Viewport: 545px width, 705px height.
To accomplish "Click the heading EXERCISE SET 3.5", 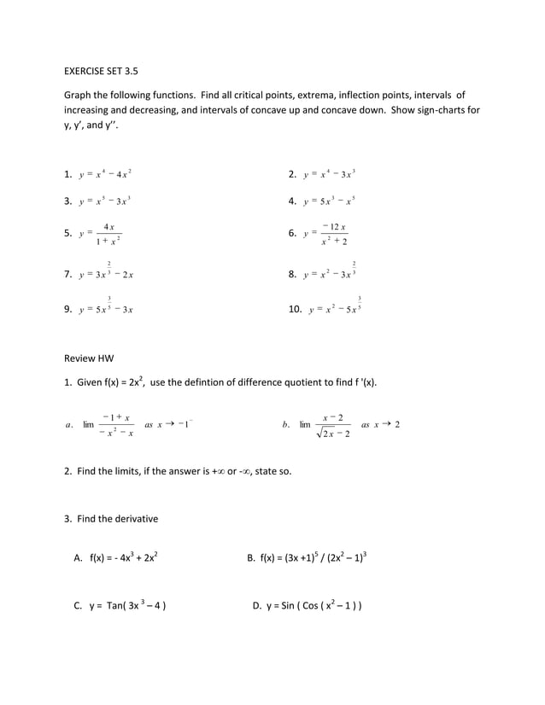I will (x=103, y=73).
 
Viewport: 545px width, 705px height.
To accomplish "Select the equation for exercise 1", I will (x=104, y=175).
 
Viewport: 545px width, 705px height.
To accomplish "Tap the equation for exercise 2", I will (x=329, y=175).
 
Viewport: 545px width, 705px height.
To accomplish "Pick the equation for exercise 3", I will (x=104, y=202).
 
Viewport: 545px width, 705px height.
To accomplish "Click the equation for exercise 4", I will (x=329, y=202).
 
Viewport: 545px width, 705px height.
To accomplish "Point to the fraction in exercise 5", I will (x=108, y=233).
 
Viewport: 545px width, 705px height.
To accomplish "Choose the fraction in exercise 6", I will (x=333, y=233).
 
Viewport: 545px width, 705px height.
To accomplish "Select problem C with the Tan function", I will (x=126, y=607).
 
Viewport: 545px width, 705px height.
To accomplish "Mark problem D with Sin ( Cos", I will (x=313, y=607).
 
